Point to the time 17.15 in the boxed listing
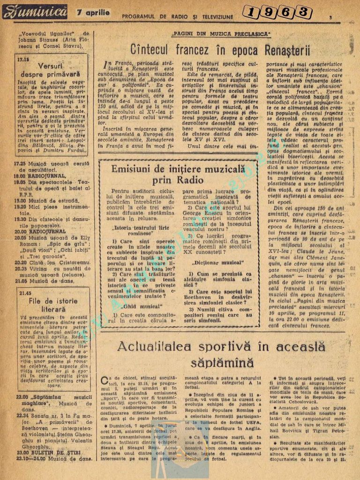click(x=23, y=60)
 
